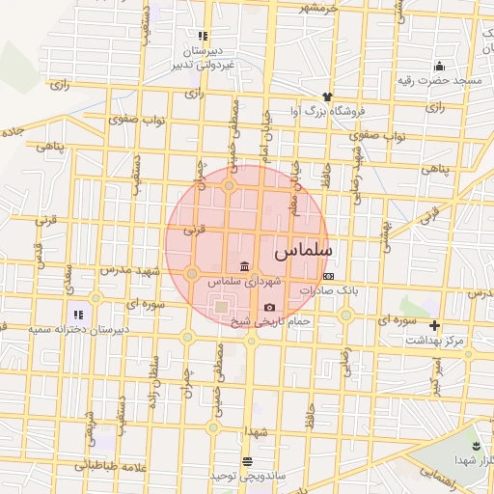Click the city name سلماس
click(x=303, y=251)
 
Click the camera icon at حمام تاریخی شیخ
click(x=269, y=307)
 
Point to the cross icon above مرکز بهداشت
click(x=435, y=326)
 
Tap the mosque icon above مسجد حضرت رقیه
click(x=439, y=66)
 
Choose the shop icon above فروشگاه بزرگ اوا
click(x=327, y=96)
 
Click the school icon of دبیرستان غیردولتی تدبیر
click(x=203, y=36)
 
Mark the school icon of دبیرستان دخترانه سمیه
click(x=78, y=315)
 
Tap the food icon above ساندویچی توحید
click(x=248, y=461)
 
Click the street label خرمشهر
click(x=319, y=9)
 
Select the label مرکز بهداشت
click(x=435, y=341)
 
